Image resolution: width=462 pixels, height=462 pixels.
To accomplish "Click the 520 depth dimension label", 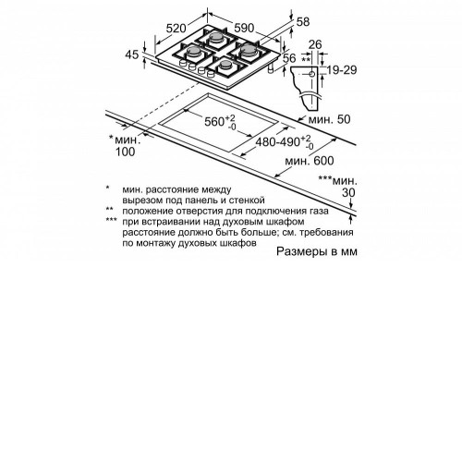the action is point(176,29).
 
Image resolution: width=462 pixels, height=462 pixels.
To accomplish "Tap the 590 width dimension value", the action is point(244,28).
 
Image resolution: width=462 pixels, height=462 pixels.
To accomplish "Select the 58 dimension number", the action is point(303,21).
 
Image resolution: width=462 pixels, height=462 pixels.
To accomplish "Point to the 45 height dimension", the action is point(132,55).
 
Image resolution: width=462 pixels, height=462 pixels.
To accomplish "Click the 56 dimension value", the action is point(289,58).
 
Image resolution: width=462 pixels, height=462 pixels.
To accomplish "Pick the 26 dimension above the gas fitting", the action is point(315,44).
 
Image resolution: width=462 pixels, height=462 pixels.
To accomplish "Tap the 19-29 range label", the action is point(342,70).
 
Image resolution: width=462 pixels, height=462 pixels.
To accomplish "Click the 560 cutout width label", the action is point(220,122).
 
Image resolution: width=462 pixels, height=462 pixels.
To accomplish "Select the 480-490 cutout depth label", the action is point(285,142).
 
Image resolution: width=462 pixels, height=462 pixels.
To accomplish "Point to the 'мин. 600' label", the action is point(310,161).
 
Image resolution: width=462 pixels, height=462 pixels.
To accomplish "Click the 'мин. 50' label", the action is point(329,119).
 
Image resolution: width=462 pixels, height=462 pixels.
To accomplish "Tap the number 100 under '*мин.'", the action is point(125,152).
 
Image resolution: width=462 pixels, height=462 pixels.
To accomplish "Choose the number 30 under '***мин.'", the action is point(348,192).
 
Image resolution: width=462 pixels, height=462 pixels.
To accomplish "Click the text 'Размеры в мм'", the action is point(317,251).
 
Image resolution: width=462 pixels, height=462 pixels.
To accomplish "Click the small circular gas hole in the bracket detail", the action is point(311,74).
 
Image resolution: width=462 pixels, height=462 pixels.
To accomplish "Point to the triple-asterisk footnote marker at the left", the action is point(111,220).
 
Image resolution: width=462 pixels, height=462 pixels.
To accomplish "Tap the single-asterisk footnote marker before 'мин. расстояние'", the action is point(107,188).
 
